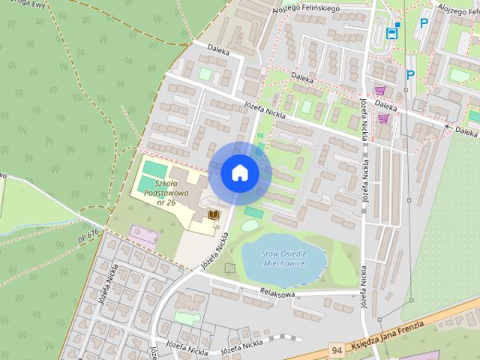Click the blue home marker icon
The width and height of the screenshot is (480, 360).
click(x=239, y=172)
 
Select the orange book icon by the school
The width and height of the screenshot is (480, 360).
click(x=214, y=216)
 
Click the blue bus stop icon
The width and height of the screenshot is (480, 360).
click(x=391, y=33)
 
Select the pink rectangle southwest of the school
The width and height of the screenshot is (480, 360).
click(x=142, y=235)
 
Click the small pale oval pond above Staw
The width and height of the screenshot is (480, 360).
click(x=250, y=225)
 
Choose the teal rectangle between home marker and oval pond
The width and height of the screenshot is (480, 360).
click(x=253, y=213)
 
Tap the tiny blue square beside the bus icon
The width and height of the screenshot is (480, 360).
click(x=398, y=24)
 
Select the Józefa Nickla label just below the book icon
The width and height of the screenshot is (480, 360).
click(x=214, y=250)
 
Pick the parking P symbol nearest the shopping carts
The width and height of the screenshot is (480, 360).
click(x=410, y=74)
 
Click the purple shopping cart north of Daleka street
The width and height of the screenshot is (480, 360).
click(x=390, y=90)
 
